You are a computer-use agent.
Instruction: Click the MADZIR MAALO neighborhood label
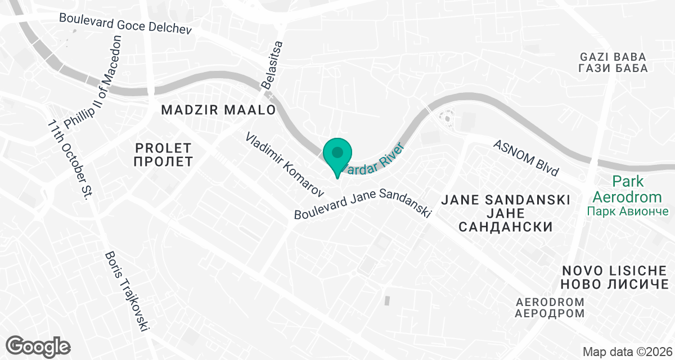point(218,110)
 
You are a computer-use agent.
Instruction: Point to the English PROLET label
point(164,148)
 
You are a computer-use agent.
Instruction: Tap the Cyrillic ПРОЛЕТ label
point(164,162)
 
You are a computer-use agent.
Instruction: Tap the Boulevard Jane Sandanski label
point(363,204)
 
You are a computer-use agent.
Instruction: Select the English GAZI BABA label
point(613,57)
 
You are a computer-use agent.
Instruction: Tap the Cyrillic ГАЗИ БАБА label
point(613,69)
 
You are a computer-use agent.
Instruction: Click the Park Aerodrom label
point(628,190)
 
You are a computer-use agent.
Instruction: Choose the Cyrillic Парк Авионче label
point(628,211)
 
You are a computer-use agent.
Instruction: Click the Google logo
point(38,345)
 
